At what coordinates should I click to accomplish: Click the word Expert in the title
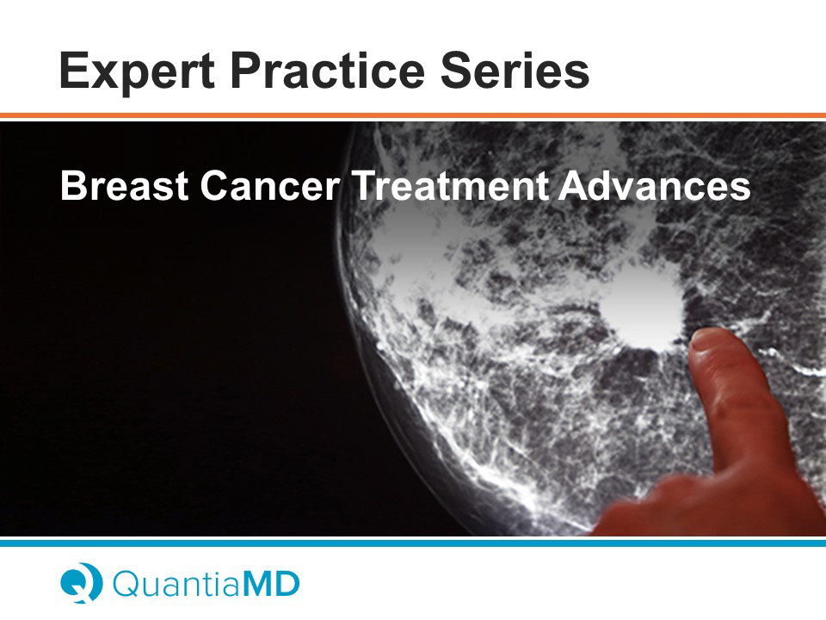tap(137, 72)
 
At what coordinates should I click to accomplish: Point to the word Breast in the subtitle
tap(124, 186)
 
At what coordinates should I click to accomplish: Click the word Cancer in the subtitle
tap(269, 186)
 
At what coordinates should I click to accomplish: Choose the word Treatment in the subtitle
tap(450, 186)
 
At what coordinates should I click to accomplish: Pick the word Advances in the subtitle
tap(655, 186)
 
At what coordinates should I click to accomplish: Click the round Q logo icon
tap(81, 583)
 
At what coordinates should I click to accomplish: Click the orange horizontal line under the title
tap(413, 115)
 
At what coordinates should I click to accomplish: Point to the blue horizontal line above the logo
tap(413, 542)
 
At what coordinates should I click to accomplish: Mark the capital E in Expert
tap(75, 70)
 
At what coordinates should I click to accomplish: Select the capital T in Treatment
tap(367, 186)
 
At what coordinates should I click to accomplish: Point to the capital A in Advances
tap(574, 186)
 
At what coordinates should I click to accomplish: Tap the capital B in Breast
tap(73, 186)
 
